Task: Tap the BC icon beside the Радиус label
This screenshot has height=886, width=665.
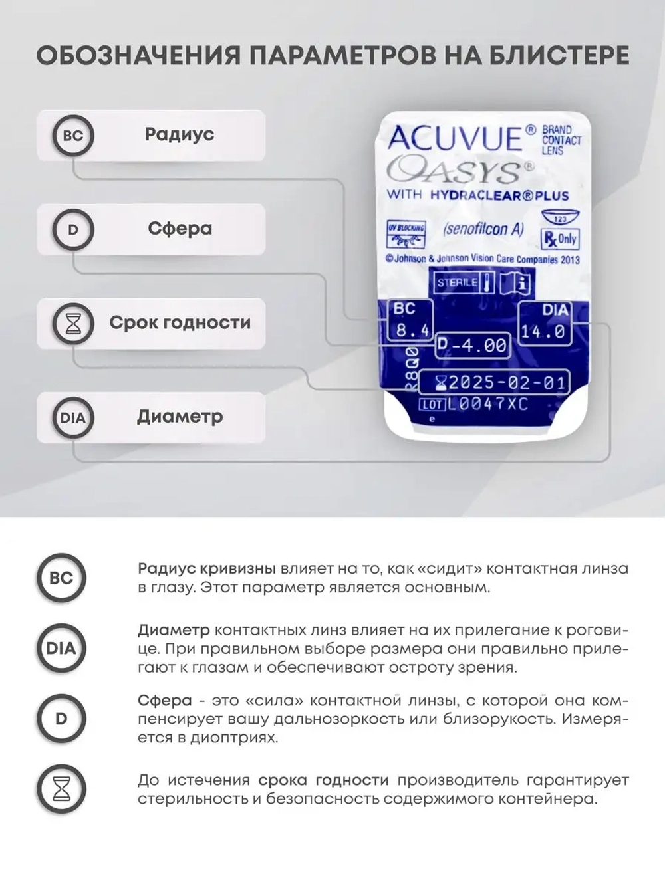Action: [73, 136]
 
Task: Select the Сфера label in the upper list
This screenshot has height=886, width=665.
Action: [180, 229]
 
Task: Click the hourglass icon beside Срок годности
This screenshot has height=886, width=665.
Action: [73, 324]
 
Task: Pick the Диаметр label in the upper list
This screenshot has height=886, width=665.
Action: [180, 417]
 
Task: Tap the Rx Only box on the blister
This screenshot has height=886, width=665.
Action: [560, 239]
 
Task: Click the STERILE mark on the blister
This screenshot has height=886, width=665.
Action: [456, 282]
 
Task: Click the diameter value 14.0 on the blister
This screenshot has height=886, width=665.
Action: [543, 331]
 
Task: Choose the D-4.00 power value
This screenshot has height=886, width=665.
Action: [473, 345]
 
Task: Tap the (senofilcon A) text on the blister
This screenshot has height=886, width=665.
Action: [483, 230]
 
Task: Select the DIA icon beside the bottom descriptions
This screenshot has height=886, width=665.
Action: [61, 648]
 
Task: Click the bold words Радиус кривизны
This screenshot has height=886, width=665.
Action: [207, 569]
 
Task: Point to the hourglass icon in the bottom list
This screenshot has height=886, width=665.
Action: [61, 788]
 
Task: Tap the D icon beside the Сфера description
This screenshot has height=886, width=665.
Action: [61, 719]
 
